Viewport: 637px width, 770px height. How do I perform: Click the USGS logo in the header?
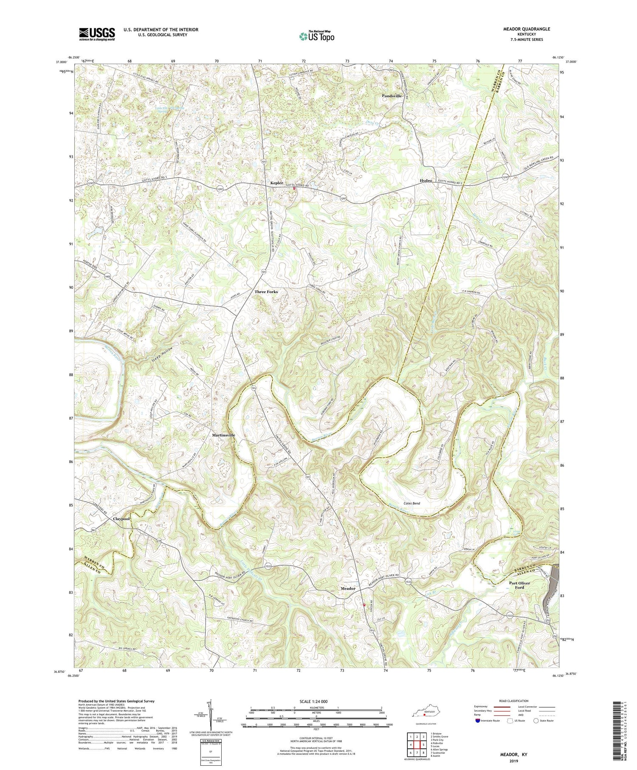point(97,34)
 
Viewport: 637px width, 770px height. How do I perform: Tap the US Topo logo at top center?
point(316,36)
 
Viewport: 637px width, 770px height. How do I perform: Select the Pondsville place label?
point(392,96)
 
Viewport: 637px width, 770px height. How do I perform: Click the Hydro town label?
point(426,181)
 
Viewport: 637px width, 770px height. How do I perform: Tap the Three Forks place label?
point(266,292)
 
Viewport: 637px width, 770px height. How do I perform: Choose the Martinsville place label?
point(223,435)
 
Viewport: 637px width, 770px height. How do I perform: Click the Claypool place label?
point(121,519)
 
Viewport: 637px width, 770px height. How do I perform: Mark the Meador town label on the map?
point(348,589)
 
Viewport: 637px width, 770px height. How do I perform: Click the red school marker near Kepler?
point(293,189)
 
